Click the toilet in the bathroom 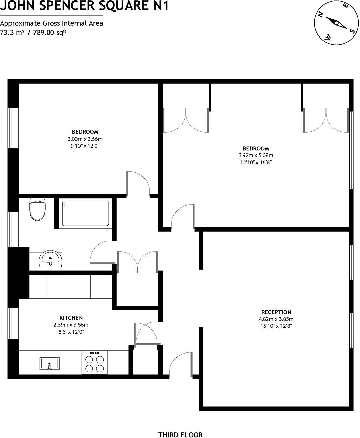tap(38, 210)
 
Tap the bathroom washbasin tap(50, 260)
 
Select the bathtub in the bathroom tap(85, 213)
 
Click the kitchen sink tap(49, 364)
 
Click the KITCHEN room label tap(71, 318)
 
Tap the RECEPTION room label tap(276, 312)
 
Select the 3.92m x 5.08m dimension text tap(256, 155)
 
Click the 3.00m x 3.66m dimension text tap(85, 139)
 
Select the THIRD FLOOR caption tap(180, 425)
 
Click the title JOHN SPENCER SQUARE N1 tap(84, 6)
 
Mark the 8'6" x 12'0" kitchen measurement tap(71, 332)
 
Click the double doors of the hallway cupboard tap(137, 262)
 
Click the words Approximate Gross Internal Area tap(51, 23)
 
